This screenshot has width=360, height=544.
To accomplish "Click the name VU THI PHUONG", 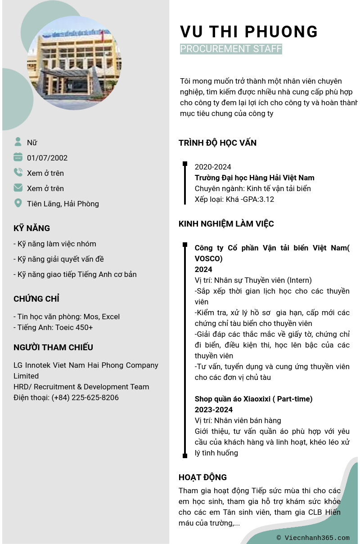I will [x=249, y=32].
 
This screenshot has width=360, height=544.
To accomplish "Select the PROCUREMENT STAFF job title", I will [x=231, y=49].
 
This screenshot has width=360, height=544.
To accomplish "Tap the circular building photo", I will [x=74, y=63].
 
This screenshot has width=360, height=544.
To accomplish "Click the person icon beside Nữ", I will [x=18, y=142].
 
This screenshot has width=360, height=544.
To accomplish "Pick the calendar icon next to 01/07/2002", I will [x=18, y=157].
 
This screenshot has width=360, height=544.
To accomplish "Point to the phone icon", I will [x=18, y=173].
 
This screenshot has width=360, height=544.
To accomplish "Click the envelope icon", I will [x=18, y=188].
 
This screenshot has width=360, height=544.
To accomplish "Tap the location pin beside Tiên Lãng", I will [x=18, y=203].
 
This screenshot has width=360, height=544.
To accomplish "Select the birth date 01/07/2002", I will [x=47, y=158].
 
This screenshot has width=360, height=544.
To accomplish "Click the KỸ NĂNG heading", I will [x=31, y=228].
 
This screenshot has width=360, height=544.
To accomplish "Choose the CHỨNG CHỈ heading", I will [x=36, y=299].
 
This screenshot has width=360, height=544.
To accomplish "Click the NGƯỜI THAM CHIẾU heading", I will [x=53, y=347].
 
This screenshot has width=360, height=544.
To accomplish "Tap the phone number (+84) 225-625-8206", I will [x=85, y=397].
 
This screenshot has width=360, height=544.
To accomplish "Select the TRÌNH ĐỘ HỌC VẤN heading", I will [x=217, y=143].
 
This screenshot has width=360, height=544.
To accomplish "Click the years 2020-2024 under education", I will [x=213, y=167].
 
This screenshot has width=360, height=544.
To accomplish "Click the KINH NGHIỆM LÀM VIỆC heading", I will [x=226, y=224].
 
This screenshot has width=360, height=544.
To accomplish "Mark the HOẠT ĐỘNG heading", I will [x=202, y=477].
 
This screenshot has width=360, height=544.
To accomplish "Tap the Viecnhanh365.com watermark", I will [x=313, y=538].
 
